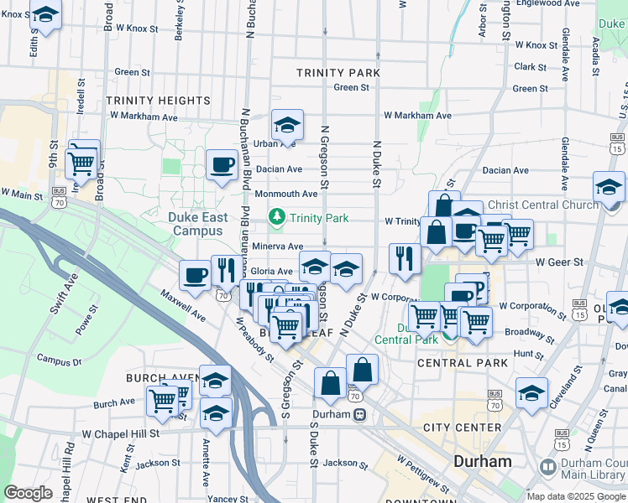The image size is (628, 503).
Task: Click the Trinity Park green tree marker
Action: (277, 218)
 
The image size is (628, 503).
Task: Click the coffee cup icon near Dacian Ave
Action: (222, 163)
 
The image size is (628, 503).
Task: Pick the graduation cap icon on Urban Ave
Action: (287, 126)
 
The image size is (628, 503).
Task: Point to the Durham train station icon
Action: (359, 414)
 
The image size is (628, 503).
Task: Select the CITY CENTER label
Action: (462, 428)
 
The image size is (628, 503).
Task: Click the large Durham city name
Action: (482, 461)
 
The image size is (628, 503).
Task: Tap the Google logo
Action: (28, 493)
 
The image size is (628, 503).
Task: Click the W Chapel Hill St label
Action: (120, 433)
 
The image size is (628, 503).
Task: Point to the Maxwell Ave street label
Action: (184, 305)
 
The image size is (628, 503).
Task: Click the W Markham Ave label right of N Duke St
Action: (417, 116)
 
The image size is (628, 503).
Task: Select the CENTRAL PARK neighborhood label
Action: (463, 363)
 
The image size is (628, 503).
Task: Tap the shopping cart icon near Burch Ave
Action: (161, 400)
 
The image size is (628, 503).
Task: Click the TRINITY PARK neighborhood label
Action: (338, 73)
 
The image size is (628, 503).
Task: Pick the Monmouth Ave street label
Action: (285, 194)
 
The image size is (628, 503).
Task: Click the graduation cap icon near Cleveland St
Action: (531, 392)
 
